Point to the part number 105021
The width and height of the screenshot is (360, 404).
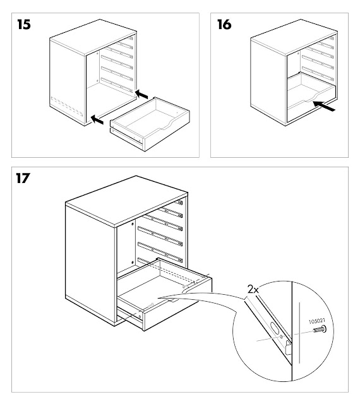pyautogui.click(x=316, y=321)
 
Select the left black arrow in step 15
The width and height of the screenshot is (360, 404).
pyautogui.click(x=97, y=117)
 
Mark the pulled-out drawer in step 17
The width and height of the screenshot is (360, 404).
pyautogui.click(x=165, y=294)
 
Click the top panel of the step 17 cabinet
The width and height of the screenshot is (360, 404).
pyautogui.click(x=126, y=203)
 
